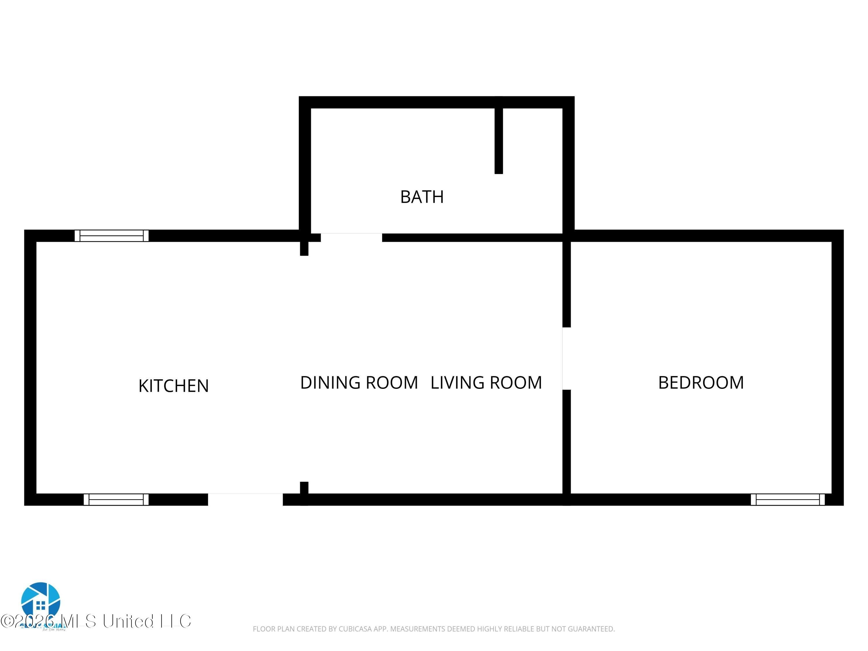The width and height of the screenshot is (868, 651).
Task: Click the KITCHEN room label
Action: [x=173, y=386]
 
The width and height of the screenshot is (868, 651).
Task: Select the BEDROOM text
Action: [x=701, y=382]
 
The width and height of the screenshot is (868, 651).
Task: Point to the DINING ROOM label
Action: [x=359, y=382]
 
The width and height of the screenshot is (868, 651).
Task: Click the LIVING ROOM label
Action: [x=486, y=382]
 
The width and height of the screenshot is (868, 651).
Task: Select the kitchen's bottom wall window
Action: [x=116, y=499]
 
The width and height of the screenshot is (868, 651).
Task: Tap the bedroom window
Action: [x=788, y=499]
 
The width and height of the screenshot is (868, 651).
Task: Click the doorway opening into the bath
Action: [x=351, y=238]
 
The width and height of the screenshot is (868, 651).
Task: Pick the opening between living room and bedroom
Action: [x=566, y=358]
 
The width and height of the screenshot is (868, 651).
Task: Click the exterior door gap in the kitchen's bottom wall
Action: [x=245, y=499]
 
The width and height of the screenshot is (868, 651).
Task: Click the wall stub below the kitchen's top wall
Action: [x=304, y=248]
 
